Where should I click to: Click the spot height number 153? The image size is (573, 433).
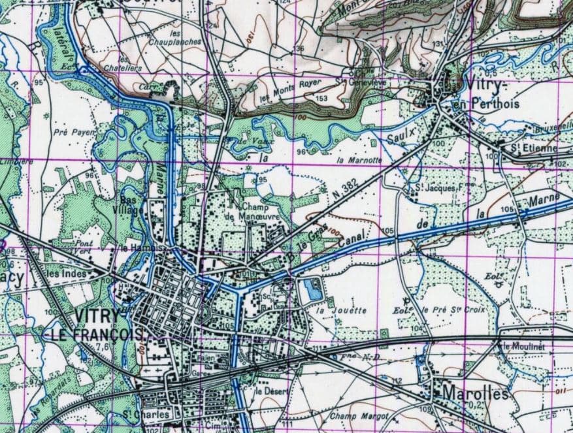point(321,98)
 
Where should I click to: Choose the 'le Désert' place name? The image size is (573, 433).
point(267,391)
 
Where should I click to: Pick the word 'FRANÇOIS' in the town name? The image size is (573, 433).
point(95,333)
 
